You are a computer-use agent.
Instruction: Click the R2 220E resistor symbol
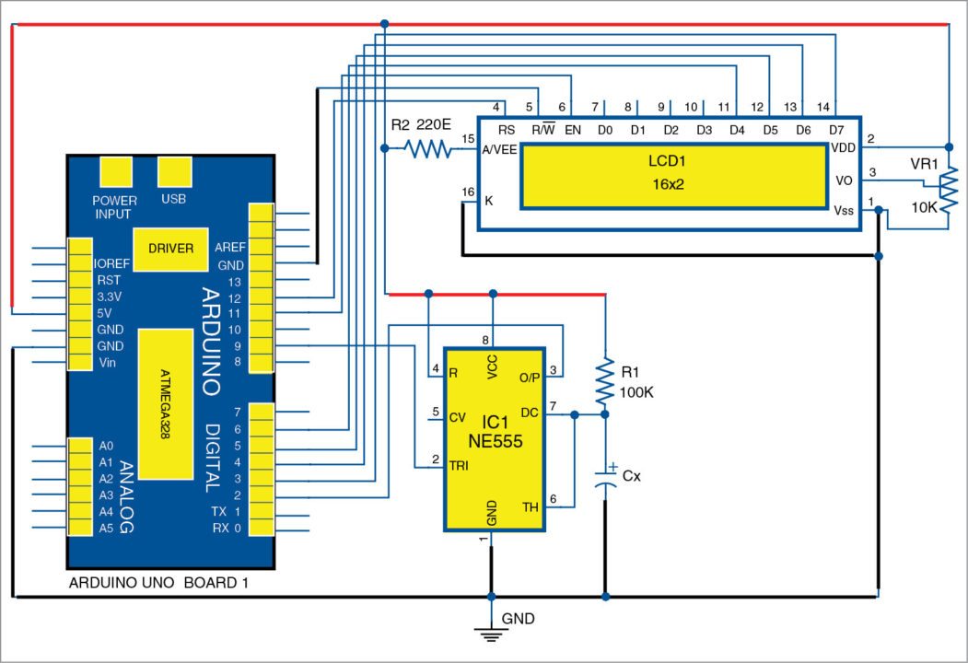426,147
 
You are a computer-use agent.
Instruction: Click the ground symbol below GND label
491,633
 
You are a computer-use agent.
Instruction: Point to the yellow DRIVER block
170,248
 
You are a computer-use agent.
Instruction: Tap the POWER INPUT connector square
114,172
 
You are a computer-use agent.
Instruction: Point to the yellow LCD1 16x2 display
673,174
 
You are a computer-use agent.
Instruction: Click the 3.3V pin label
109,297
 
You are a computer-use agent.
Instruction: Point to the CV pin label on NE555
456,416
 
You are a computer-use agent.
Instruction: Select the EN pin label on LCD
572,131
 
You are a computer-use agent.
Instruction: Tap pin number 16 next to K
467,192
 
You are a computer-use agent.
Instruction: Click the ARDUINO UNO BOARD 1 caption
158,583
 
